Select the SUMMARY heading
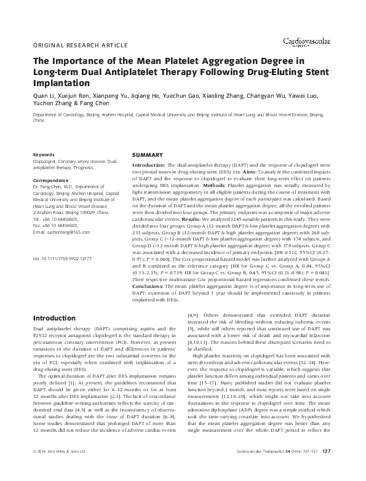(x=148, y=154)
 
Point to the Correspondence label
(x=52, y=180)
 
